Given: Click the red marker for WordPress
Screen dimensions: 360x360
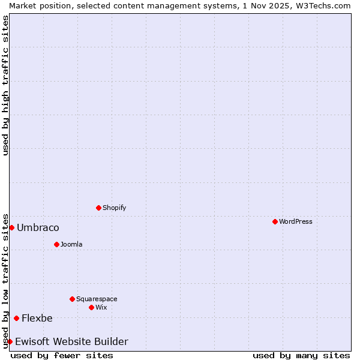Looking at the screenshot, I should click(275, 221).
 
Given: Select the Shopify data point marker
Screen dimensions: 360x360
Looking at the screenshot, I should click(98, 208).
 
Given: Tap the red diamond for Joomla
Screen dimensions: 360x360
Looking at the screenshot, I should click(56, 244).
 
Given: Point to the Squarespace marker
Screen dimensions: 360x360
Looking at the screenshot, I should click(72, 299).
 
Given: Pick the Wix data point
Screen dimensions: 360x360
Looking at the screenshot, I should click(91, 307).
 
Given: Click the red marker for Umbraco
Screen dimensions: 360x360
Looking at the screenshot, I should click(11, 227).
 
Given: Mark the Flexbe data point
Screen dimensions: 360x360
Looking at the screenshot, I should click(16, 318).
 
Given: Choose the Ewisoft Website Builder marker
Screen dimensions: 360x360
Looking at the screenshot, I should click(10, 341).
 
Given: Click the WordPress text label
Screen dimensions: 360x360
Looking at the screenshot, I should click(296, 221).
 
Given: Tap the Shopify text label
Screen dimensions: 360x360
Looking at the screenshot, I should click(115, 208).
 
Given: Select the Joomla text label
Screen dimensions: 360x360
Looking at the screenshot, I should click(71, 244).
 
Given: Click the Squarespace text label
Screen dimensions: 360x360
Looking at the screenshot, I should click(97, 299).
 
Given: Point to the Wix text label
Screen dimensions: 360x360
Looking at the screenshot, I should click(101, 307).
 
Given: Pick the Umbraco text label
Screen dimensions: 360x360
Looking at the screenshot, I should click(38, 227).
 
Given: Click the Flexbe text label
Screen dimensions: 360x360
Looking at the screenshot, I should click(37, 318).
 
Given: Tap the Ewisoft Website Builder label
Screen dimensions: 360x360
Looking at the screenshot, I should click(71, 341).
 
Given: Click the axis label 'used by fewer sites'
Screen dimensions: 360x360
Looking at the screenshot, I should click(62, 355).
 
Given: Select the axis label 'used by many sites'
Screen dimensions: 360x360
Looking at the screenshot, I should click(301, 355).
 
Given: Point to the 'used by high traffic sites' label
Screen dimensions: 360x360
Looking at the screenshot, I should click(5, 85).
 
